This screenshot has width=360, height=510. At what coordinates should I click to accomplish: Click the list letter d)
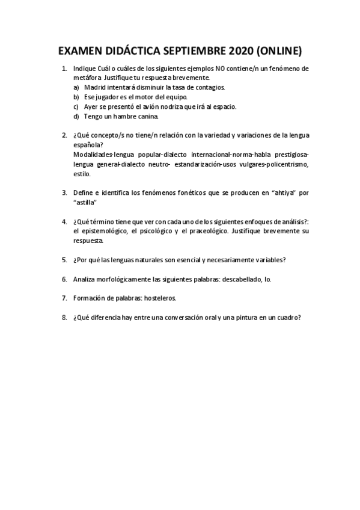76,116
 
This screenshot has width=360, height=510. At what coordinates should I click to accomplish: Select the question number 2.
64,135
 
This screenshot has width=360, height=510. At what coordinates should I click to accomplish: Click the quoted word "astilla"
85,203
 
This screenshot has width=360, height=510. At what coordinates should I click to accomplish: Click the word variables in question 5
269,260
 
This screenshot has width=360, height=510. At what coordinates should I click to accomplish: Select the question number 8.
64,318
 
